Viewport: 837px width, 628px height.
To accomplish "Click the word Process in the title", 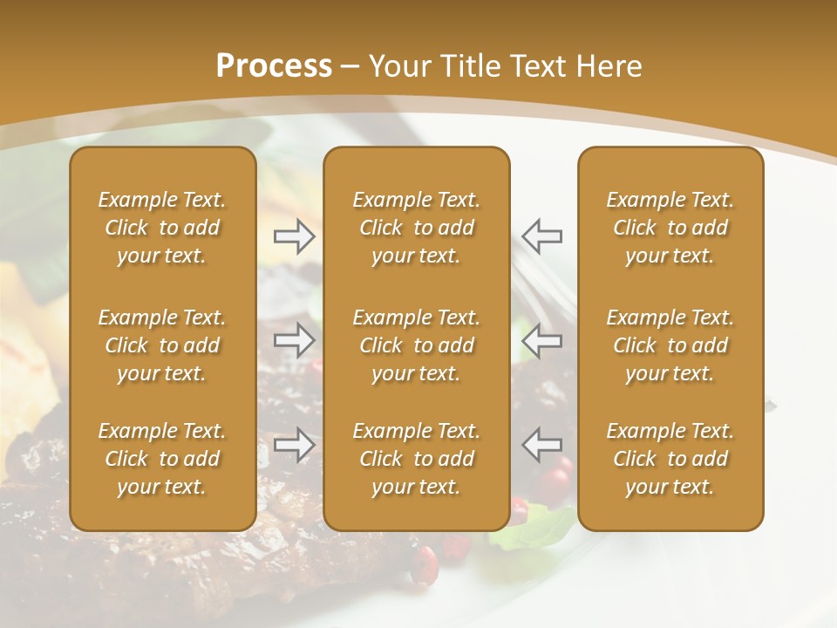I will click(x=274, y=66).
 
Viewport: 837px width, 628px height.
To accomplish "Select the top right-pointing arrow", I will click(x=295, y=236).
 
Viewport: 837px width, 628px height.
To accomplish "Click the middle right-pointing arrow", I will click(x=295, y=340).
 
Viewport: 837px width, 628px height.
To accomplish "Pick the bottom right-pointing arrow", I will click(x=295, y=445).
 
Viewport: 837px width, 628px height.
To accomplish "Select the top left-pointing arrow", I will click(x=541, y=236).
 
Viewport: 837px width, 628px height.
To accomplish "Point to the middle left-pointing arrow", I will click(x=541, y=340).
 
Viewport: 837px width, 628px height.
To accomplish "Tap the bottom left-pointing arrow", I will click(x=541, y=445).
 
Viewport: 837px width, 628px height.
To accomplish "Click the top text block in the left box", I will click(x=162, y=228).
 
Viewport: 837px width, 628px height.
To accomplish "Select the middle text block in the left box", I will click(x=162, y=345).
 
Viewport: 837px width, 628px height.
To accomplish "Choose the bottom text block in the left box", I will click(x=162, y=459).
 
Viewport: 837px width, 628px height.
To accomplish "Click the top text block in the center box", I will click(x=417, y=228).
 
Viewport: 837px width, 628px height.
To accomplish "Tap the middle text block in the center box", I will click(x=417, y=345).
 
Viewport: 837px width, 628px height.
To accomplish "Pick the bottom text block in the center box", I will click(x=417, y=459).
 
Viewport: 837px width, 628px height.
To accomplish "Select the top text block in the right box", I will click(x=670, y=228).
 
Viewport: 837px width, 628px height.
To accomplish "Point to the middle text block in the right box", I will click(x=670, y=345).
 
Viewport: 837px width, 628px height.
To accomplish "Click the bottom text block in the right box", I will click(x=670, y=459).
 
